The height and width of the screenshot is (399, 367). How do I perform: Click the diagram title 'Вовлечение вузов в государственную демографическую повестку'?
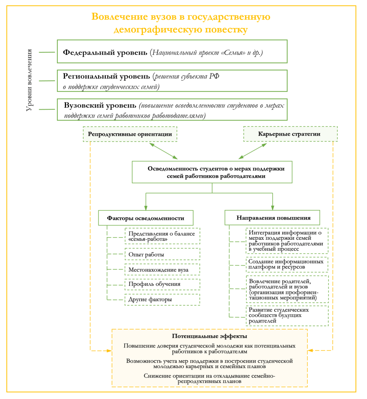181,23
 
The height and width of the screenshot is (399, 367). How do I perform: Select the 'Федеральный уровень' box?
172,51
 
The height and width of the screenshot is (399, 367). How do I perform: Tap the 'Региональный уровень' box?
172,81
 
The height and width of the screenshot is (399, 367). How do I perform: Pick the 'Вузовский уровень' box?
172,110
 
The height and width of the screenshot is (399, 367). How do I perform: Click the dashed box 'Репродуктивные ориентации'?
130,134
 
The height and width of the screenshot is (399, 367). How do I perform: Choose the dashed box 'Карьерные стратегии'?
290,134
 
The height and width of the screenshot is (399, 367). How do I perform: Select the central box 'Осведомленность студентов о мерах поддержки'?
212,172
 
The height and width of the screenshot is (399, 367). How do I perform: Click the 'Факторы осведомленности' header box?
146,218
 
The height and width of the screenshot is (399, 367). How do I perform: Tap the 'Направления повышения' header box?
272,218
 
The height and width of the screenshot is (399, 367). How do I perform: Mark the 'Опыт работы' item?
162,254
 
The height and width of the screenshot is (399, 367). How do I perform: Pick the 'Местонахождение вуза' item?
162,270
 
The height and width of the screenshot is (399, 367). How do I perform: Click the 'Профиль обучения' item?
162,284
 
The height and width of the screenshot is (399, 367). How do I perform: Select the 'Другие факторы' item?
162,300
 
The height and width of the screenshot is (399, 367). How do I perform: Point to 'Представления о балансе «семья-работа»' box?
162,236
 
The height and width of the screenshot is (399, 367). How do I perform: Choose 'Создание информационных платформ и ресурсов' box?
287,264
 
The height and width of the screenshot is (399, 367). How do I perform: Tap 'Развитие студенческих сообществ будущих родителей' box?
287,315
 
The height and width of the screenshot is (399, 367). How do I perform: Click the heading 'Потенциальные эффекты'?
209,336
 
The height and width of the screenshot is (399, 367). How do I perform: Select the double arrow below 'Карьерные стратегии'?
253,151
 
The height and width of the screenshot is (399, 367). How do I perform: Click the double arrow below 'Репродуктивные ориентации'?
163,151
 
